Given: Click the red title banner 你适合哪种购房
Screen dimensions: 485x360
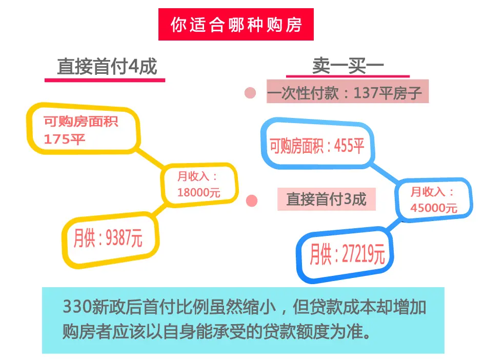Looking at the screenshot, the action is (236, 25).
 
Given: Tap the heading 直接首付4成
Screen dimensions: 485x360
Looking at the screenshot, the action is (107, 67).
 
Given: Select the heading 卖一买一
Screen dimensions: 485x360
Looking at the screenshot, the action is (348, 66).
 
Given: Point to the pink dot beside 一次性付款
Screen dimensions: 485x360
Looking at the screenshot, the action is (250, 93).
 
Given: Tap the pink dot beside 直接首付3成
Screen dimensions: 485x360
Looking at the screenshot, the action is (252, 201).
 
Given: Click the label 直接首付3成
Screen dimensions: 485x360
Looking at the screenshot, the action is (326, 199).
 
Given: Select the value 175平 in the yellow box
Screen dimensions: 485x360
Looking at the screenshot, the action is (64, 139).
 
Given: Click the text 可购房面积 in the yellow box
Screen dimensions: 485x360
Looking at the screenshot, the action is (81, 121).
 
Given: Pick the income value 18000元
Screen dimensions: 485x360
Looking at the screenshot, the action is (198, 193).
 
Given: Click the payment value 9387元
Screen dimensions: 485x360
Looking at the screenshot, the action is (124, 237).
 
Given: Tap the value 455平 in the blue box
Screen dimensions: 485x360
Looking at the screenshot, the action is (349, 146).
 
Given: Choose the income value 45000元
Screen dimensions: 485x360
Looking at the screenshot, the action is (434, 208).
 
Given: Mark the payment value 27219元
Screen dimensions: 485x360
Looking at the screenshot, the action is (363, 254).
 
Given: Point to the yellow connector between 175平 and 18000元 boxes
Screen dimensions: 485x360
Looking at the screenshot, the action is (150, 159).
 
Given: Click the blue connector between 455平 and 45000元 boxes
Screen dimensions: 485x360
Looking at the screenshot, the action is (384, 173).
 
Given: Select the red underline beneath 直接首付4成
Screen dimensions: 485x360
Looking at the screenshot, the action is (105, 81).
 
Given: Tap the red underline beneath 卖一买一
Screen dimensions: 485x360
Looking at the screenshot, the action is (348, 76).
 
